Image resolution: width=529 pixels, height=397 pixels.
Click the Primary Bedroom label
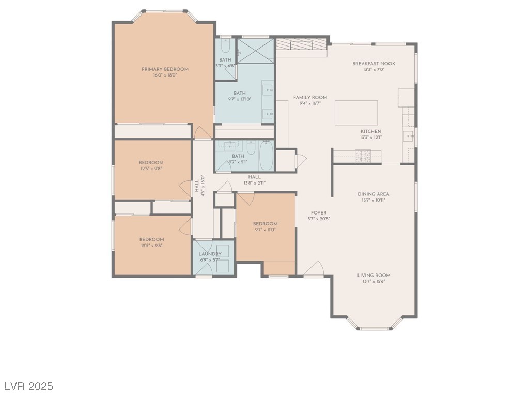[165, 69]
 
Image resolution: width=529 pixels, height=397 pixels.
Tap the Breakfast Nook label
[374, 63]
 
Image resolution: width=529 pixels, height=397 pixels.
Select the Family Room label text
[310, 97]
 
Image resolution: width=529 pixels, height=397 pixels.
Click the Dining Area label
[373, 194]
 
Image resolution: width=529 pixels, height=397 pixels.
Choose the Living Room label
[374, 276]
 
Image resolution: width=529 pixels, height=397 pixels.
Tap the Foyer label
[318, 212]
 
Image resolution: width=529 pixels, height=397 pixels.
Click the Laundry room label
[210, 254]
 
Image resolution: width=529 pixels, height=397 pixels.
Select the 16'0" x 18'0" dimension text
[165, 75]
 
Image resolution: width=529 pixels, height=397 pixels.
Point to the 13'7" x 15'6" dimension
[374, 282]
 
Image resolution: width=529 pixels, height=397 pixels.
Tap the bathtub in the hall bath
[267, 155]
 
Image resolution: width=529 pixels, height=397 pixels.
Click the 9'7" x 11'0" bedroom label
[265, 230]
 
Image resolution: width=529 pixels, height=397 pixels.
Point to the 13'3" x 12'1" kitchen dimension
[370, 138]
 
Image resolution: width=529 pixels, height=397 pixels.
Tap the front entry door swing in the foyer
[314, 269]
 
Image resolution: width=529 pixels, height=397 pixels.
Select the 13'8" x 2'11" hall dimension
[254, 182]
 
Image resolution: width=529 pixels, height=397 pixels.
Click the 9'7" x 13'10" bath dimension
[239, 99]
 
